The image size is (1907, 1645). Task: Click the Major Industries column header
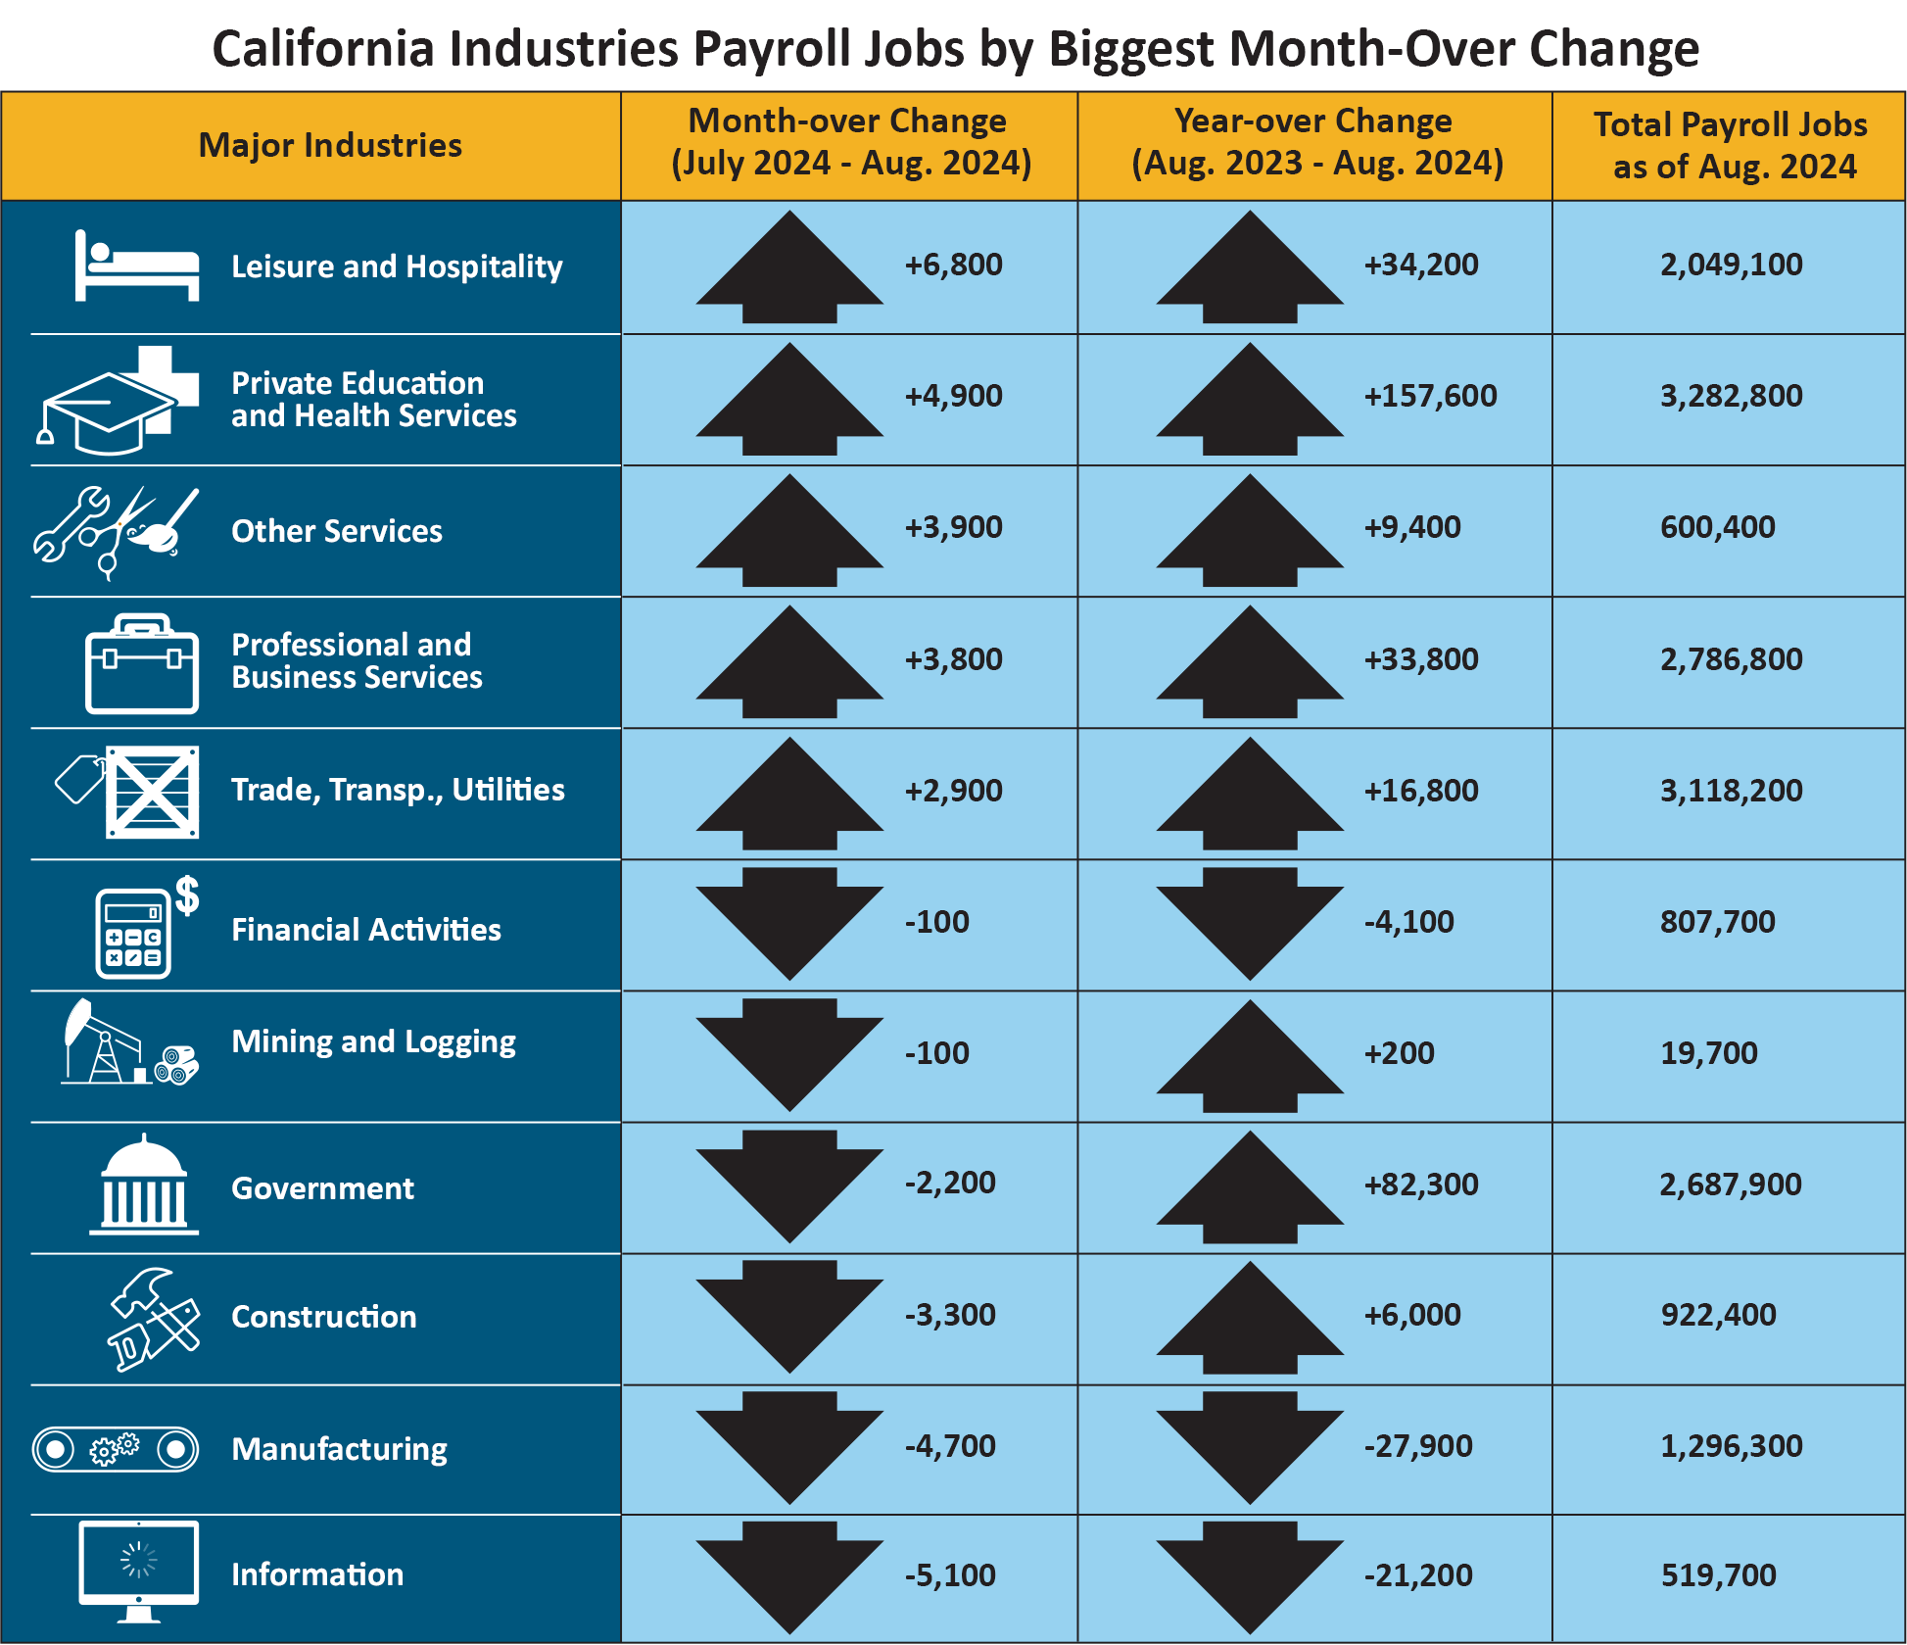pyautogui.click(x=330, y=145)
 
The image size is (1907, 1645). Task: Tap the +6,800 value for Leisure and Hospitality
pyautogui.click(x=953, y=265)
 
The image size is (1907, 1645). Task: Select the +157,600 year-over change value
pyautogui.click(x=1430, y=396)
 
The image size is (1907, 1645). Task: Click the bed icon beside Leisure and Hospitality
pyautogui.click(x=136, y=266)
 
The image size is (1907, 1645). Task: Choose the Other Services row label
pyautogui.click(x=336, y=531)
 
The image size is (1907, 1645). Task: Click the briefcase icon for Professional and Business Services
pyautogui.click(x=142, y=664)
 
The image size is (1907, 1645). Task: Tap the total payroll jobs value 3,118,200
pyautogui.click(x=1731, y=791)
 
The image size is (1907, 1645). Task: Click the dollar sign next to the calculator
pyautogui.click(x=187, y=895)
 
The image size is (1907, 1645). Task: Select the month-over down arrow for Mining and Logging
pyautogui.click(x=789, y=1054)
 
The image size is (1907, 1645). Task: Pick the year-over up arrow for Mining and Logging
pyautogui.click(x=1250, y=1056)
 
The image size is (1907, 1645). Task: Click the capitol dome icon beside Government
pyautogui.click(x=144, y=1185)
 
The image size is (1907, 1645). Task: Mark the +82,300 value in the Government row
pyautogui.click(x=1421, y=1185)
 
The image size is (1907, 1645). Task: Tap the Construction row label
pyautogui.click(x=323, y=1317)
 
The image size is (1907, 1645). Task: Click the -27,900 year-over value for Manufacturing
pyautogui.click(x=1418, y=1446)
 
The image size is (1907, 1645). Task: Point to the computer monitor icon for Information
pyautogui.click(x=138, y=1569)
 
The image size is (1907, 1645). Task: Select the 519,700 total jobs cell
pyautogui.click(x=1718, y=1575)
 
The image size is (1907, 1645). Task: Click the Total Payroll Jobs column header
pyautogui.click(x=1730, y=145)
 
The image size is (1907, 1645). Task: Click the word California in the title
pyautogui.click(x=323, y=49)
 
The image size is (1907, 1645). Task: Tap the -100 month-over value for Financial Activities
pyautogui.click(x=936, y=922)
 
